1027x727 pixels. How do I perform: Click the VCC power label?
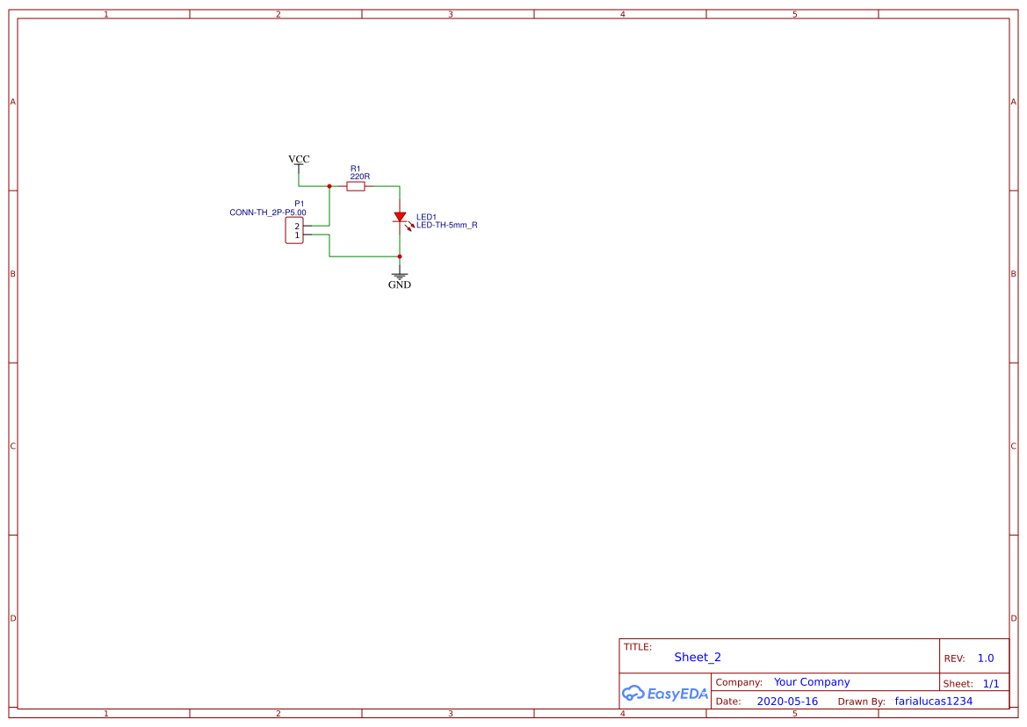299,160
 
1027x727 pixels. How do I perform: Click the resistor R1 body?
356,186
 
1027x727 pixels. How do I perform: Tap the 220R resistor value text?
360,176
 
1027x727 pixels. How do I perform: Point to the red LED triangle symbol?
400,217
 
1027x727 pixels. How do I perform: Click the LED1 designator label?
426,217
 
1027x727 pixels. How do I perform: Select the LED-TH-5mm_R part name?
447,226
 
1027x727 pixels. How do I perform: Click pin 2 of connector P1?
297,227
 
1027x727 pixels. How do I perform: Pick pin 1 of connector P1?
297,235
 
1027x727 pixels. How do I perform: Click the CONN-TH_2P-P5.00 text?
268,212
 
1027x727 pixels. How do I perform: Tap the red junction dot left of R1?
329,186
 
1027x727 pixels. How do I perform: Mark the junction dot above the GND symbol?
400,256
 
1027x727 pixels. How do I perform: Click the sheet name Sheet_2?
698,657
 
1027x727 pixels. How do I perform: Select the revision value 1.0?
986,659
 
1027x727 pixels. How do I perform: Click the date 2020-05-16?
787,702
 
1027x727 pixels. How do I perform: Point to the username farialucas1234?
934,702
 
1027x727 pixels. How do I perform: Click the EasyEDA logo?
665,693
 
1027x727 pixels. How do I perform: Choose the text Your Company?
812,682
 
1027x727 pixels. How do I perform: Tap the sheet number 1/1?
991,683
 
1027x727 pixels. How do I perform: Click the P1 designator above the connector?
300,203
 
